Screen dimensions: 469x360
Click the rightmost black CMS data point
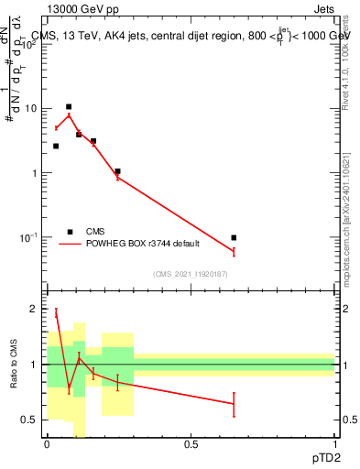click(x=235, y=238)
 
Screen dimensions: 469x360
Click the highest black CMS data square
click(x=69, y=107)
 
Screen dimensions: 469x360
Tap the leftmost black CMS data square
click(x=56, y=146)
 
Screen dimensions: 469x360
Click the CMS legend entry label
click(x=95, y=232)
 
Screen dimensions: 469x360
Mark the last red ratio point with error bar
click(x=235, y=404)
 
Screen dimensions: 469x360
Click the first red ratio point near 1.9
click(x=56, y=313)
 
